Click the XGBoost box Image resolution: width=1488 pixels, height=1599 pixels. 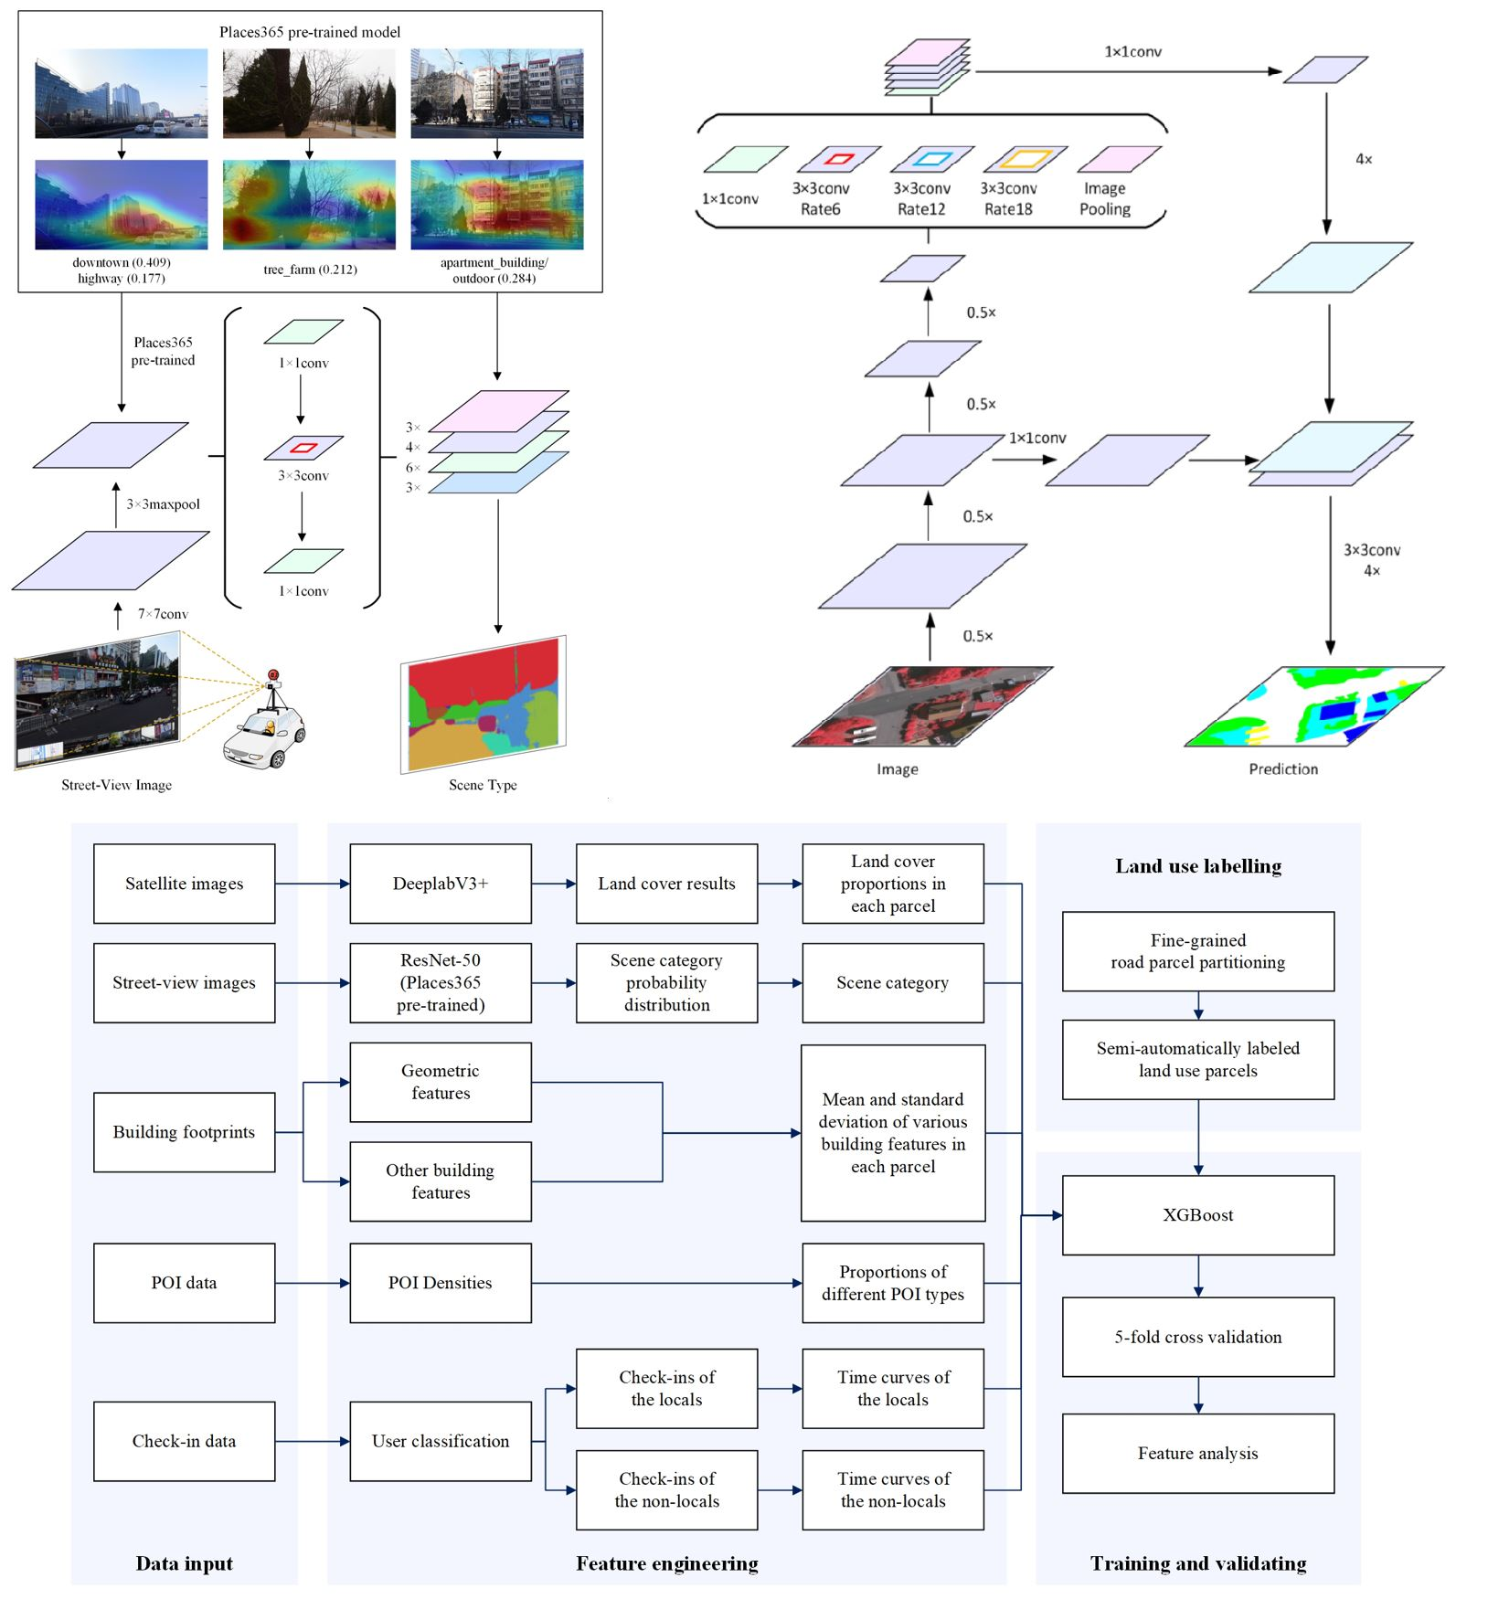pos(1197,1214)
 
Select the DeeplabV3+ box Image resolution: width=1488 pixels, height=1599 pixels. pos(440,883)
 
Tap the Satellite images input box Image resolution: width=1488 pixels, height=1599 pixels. pos(184,883)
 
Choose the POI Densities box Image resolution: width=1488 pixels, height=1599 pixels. pos(440,1282)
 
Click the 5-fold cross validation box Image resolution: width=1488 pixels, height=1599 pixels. pos(1197,1337)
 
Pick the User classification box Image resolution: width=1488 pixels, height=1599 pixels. pos(440,1441)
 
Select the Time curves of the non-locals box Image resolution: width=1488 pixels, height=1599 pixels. pos(892,1489)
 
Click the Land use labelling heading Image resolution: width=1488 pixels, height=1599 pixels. pos(1197,865)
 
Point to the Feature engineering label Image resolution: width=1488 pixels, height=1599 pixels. pos(666,1562)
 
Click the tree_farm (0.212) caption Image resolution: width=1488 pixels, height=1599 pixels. pos(310,270)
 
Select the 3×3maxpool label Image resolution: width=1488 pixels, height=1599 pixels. pos(163,504)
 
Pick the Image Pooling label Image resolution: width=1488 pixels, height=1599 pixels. pos(1104,198)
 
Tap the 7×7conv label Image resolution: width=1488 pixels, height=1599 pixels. pos(163,614)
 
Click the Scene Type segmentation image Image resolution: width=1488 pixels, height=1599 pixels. pos(484,704)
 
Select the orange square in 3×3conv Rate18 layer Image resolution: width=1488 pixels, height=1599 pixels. pos(1025,159)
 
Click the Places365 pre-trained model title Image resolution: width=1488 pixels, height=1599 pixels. pos(310,32)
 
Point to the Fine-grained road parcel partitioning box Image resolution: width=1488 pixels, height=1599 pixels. pos(1197,950)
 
